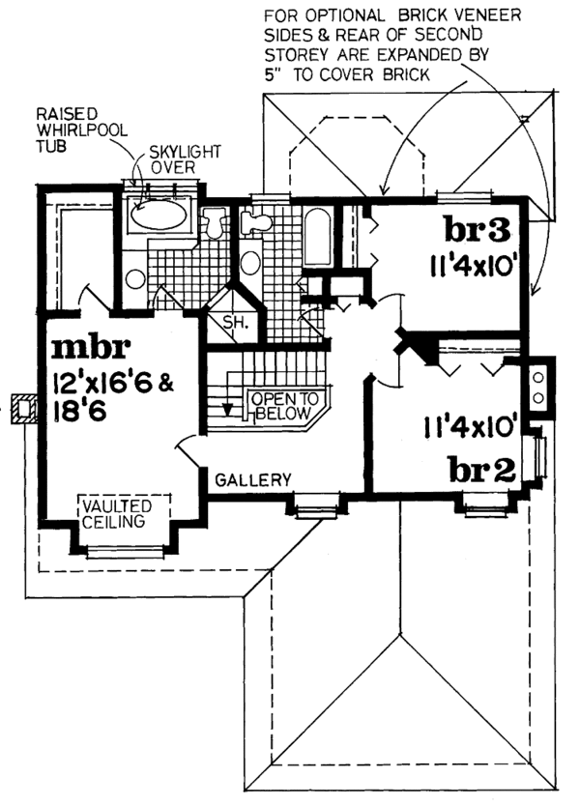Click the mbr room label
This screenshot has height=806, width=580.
pyautogui.click(x=92, y=348)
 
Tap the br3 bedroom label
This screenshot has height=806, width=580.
pyautogui.click(x=478, y=230)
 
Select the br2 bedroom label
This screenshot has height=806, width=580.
pyautogui.click(x=482, y=469)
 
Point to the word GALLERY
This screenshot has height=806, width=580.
pyautogui.click(x=253, y=480)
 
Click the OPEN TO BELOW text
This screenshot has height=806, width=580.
pyautogui.click(x=284, y=406)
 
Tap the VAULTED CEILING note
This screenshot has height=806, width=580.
pyautogui.click(x=117, y=514)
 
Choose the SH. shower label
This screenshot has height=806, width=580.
pyautogui.click(x=236, y=323)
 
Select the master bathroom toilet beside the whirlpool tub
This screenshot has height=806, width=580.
pyautogui.click(x=214, y=223)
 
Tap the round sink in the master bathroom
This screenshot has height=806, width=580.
pyautogui.click(x=135, y=278)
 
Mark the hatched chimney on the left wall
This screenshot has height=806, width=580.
pyautogui.click(x=23, y=409)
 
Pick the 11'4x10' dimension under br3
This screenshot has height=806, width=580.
pyautogui.click(x=472, y=267)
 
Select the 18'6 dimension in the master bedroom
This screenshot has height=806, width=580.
pyautogui.click(x=80, y=412)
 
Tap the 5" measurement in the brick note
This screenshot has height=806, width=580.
pyautogui.click(x=271, y=74)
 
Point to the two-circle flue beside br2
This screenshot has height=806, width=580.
pyautogui.click(x=537, y=388)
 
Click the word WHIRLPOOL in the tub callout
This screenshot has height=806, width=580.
pyautogui.click(x=82, y=130)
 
